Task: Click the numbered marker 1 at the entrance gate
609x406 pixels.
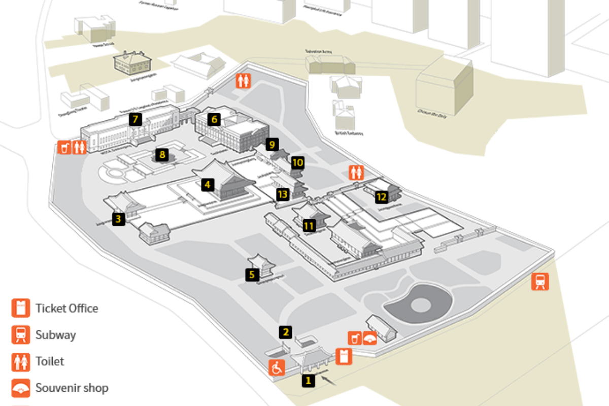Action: click(x=307, y=380)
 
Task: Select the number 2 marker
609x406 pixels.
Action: click(x=286, y=332)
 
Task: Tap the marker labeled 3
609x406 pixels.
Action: click(x=119, y=219)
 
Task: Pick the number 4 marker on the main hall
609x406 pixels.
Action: click(x=207, y=185)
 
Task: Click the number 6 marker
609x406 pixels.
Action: click(x=215, y=119)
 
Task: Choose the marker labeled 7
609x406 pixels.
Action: click(x=134, y=120)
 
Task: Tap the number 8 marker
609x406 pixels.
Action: click(x=162, y=154)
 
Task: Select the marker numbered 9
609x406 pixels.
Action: click(x=272, y=145)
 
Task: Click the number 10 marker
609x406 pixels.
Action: click(x=298, y=162)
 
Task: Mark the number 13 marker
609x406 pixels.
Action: click(x=283, y=194)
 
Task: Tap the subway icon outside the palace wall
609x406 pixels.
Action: click(x=540, y=281)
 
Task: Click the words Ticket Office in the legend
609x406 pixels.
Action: click(x=66, y=308)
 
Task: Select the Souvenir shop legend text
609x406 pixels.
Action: click(x=72, y=388)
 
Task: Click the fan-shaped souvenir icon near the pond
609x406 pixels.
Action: click(x=370, y=338)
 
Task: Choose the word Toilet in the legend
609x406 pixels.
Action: click(x=50, y=361)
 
